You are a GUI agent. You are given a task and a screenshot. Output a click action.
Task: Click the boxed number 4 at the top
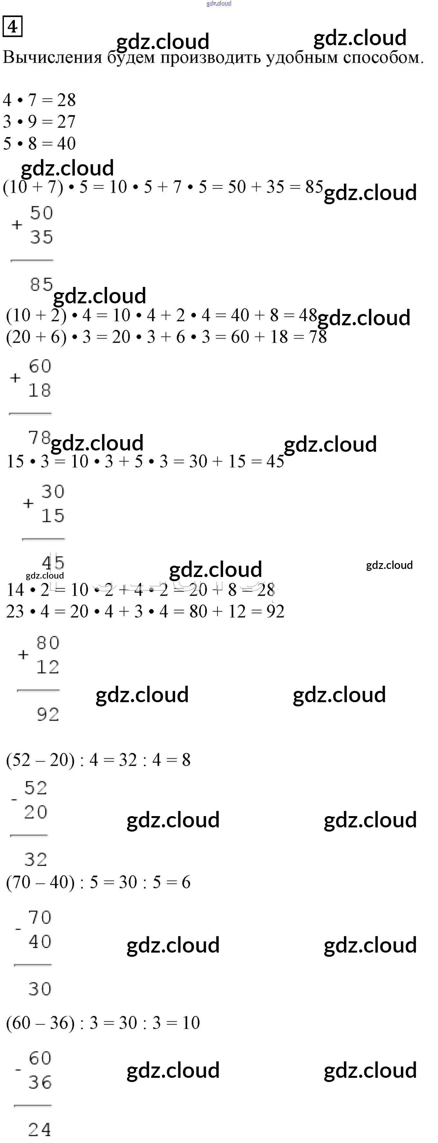click(x=13, y=27)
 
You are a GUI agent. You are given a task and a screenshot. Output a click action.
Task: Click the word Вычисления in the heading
click(x=52, y=58)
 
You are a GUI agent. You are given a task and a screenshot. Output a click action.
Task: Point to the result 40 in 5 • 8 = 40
click(x=66, y=143)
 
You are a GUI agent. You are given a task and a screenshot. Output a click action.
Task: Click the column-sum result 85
click(x=42, y=284)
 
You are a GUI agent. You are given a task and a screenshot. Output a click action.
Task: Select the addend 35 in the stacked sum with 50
click(x=42, y=237)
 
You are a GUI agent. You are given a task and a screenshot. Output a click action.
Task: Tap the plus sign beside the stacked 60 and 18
click(x=15, y=378)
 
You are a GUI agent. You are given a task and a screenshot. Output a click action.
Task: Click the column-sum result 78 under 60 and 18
click(x=39, y=438)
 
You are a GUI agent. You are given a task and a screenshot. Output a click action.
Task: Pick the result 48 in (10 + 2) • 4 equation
click(x=308, y=316)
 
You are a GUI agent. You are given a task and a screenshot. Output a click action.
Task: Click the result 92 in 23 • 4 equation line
click(x=275, y=612)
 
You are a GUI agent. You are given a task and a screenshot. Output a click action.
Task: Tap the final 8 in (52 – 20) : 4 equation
click(x=186, y=760)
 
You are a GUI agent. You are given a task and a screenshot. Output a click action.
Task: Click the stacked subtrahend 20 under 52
click(x=36, y=812)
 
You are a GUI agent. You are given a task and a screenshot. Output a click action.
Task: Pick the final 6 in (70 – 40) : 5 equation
click(x=186, y=882)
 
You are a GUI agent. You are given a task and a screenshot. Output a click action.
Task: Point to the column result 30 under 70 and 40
click(x=40, y=989)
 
